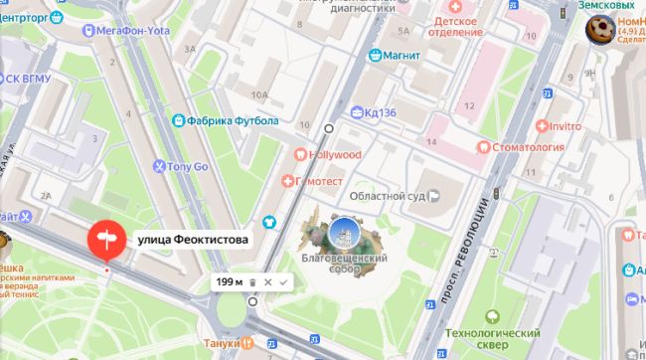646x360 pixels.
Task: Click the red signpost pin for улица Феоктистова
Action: [x=104, y=240]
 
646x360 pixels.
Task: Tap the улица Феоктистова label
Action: [x=192, y=240]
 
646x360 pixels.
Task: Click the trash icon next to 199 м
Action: [x=252, y=282]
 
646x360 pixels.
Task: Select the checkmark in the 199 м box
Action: [x=283, y=282]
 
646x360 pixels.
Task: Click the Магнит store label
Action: [x=402, y=55]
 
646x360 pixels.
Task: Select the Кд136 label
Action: [x=380, y=112]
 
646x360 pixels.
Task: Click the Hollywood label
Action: [x=334, y=155]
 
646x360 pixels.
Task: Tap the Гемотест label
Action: [x=319, y=181]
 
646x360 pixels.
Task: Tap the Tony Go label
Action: [x=187, y=167]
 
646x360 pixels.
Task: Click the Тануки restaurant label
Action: [x=225, y=343]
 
